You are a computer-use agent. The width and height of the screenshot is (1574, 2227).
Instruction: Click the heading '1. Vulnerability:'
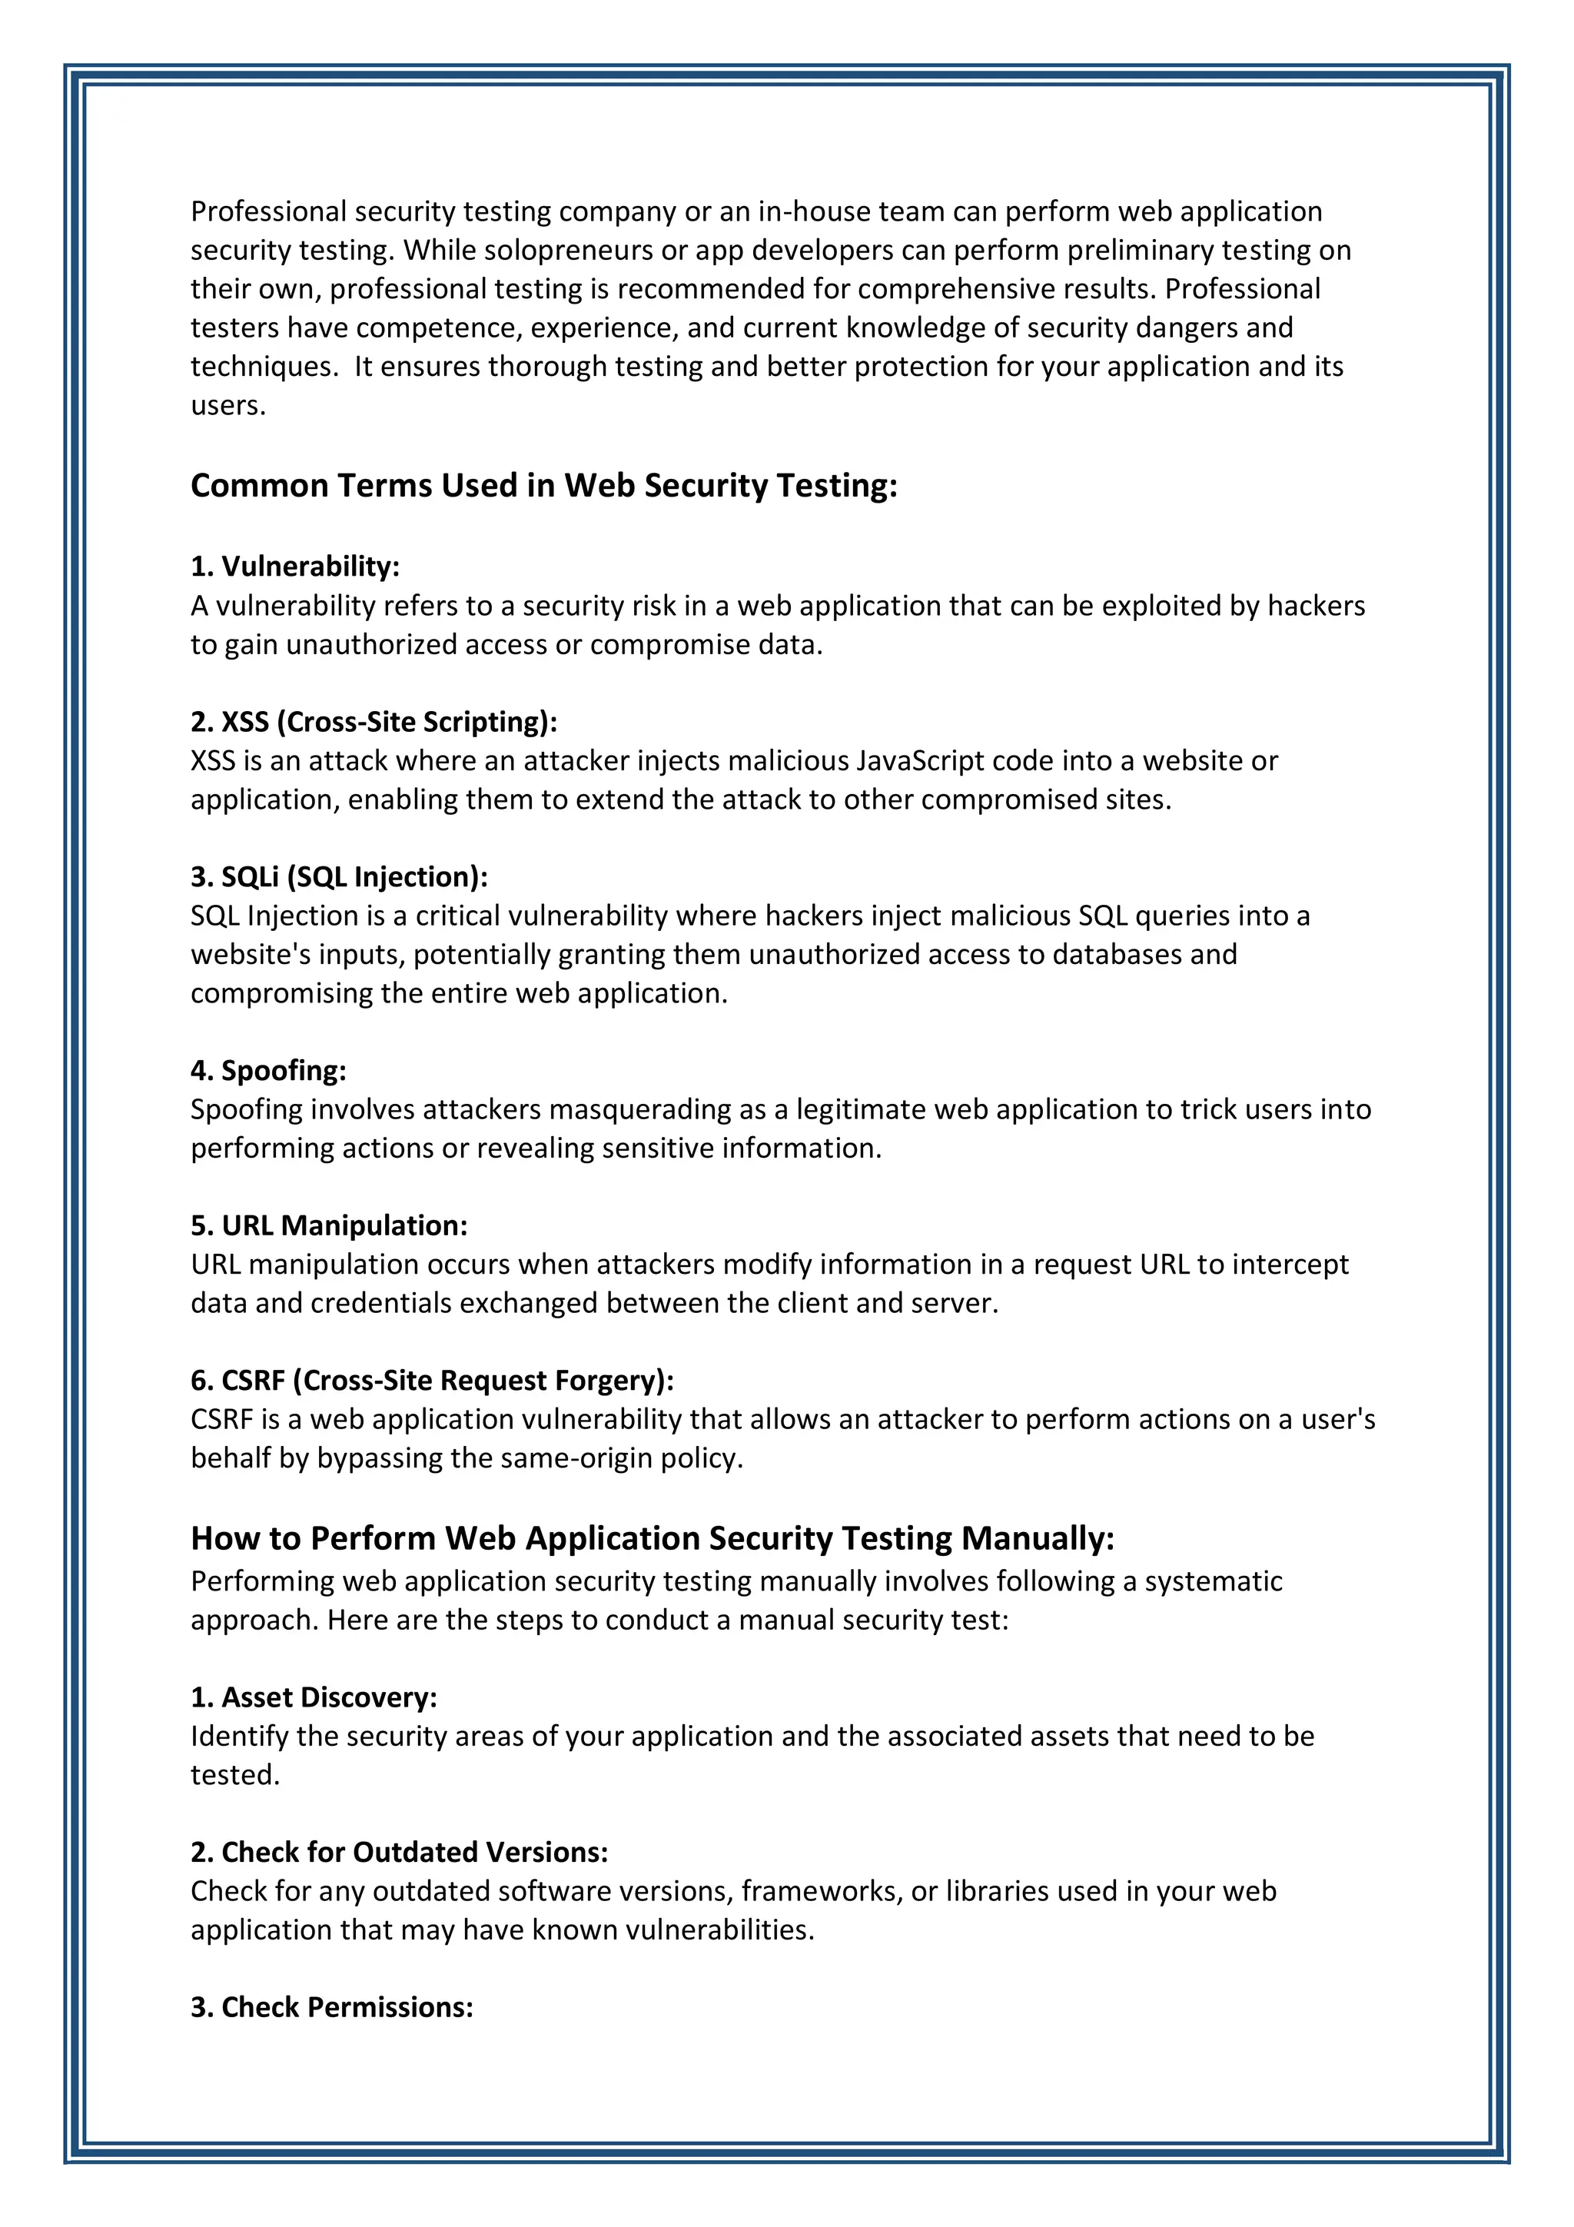(295, 567)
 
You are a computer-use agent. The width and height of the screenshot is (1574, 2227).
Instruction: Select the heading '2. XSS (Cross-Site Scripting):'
(374, 722)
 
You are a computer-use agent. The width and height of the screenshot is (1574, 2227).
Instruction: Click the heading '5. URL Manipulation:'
(329, 1226)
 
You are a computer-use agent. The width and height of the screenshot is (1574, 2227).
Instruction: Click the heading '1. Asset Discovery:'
(314, 1697)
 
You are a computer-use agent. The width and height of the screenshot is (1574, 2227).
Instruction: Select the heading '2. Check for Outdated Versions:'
(399, 1853)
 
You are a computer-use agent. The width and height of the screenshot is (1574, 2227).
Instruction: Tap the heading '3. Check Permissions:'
(332, 2007)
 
